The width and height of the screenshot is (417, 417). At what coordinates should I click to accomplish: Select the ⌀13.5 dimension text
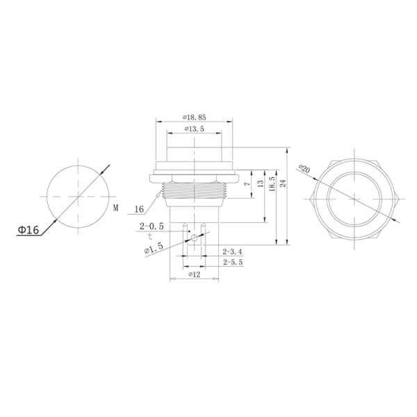click(194, 129)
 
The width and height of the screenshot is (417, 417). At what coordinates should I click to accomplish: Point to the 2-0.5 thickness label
click(152, 227)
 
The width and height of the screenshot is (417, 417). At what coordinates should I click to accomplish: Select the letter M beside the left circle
click(115, 208)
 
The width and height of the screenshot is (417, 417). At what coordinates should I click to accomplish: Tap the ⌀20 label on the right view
click(305, 169)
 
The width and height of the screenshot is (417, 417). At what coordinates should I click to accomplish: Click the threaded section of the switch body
click(193, 192)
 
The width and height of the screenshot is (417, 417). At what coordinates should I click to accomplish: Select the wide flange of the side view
click(194, 174)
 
